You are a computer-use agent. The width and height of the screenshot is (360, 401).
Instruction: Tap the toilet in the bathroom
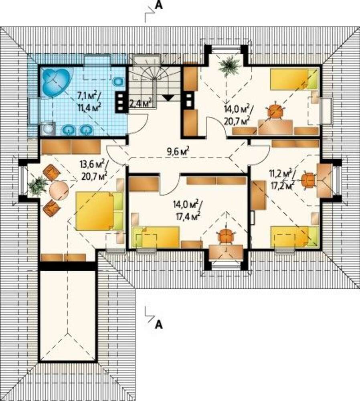(x=118, y=81)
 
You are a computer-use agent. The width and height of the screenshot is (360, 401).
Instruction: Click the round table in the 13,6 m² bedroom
(x=59, y=190)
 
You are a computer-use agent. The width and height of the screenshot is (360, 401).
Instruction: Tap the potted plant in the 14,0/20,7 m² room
(x=231, y=66)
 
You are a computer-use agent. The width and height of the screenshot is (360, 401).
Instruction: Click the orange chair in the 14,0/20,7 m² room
(x=276, y=111)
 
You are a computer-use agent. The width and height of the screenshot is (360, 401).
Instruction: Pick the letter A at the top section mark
(x=159, y=5)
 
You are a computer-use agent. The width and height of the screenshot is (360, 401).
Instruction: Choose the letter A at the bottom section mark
(x=159, y=324)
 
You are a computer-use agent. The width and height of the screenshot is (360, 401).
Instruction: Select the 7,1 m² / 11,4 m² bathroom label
(x=89, y=101)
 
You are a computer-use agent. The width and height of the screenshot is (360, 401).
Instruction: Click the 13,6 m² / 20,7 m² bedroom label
(x=93, y=169)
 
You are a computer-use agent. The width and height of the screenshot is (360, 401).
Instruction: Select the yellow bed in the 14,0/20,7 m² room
(x=294, y=79)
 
